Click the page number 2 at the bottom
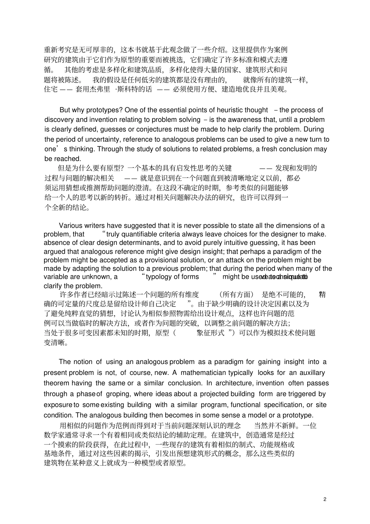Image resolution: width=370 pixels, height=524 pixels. pos(325,499)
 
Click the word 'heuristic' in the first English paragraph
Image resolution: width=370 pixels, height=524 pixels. pos(222,110)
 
